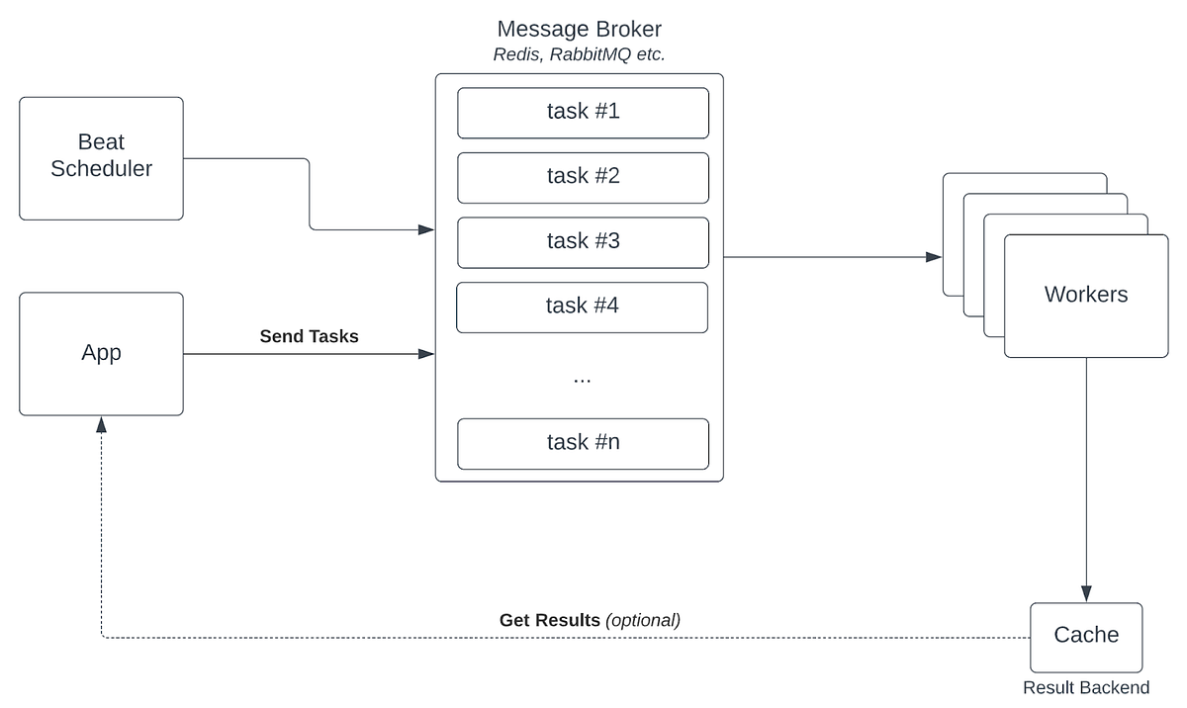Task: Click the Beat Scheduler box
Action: click(101, 158)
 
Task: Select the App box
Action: click(101, 354)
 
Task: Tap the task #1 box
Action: click(583, 112)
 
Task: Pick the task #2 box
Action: click(583, 177)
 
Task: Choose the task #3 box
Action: click(583, 241)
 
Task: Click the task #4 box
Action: click(582, 307)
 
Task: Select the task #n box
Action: click(583, 443)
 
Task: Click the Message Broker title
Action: click(579, 30)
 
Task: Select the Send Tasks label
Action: click(309, 336)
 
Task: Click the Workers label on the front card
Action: click(1085, 295)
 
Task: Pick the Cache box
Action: click(1085, 636)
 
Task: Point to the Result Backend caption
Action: click(1085, 688)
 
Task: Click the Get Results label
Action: click(549, 621)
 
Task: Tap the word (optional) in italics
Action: click(643, 621)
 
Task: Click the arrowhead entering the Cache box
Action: click(1086, 594)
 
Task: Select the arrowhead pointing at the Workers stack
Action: click(933, 257)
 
